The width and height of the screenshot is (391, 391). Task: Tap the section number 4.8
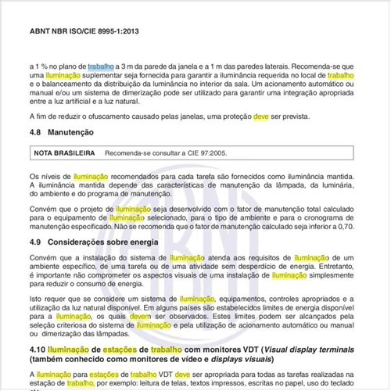(34, 134)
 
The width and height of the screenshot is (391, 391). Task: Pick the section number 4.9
(34, 242)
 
